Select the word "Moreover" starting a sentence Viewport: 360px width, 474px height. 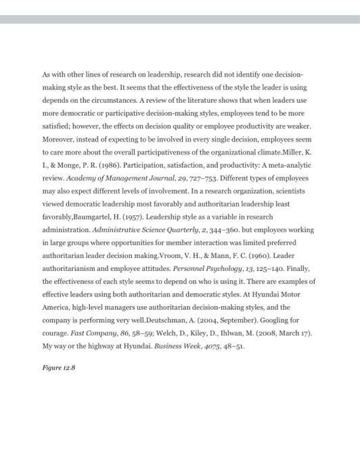coord(59,139)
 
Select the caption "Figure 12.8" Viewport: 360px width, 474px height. coord(58,368)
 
